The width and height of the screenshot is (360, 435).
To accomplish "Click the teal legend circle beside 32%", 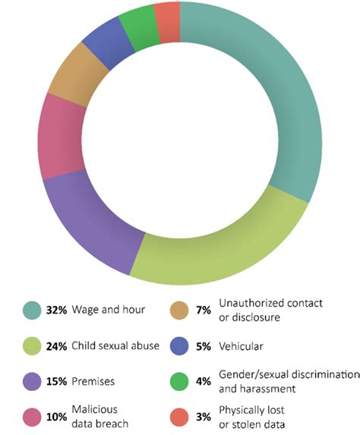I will click(x=31, y=309).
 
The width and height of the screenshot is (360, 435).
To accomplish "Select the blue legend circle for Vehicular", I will click(x=179, y=346).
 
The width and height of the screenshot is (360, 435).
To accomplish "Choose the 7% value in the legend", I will click(x=203, y=309).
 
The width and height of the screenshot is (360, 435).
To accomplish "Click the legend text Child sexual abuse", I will click(x=116, y=346).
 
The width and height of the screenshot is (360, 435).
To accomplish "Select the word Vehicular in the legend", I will click(x=241, y=346).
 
